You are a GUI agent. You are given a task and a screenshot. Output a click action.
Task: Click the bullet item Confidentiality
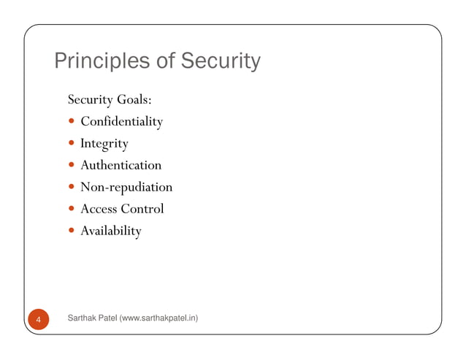point(121,121)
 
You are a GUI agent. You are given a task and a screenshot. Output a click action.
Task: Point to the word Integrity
point(104,143)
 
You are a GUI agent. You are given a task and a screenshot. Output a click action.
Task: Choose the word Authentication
point(121,165)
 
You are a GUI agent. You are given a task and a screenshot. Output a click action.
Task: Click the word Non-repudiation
point(126,188)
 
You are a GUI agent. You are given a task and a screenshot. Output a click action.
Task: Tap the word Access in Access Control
point(99,209)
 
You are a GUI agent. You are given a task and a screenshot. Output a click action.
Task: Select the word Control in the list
point(142,209)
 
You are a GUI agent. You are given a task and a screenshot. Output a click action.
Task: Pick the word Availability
point(111,231)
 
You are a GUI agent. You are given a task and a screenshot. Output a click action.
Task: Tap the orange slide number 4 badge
point(39,319)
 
